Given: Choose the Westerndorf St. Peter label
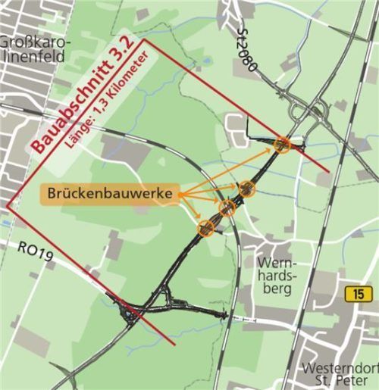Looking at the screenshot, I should [338, 375].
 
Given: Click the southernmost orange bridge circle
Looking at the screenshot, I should [205, 226].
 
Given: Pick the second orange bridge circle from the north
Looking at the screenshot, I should [247, 188].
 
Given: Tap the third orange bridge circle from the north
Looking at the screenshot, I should [227, 207].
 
